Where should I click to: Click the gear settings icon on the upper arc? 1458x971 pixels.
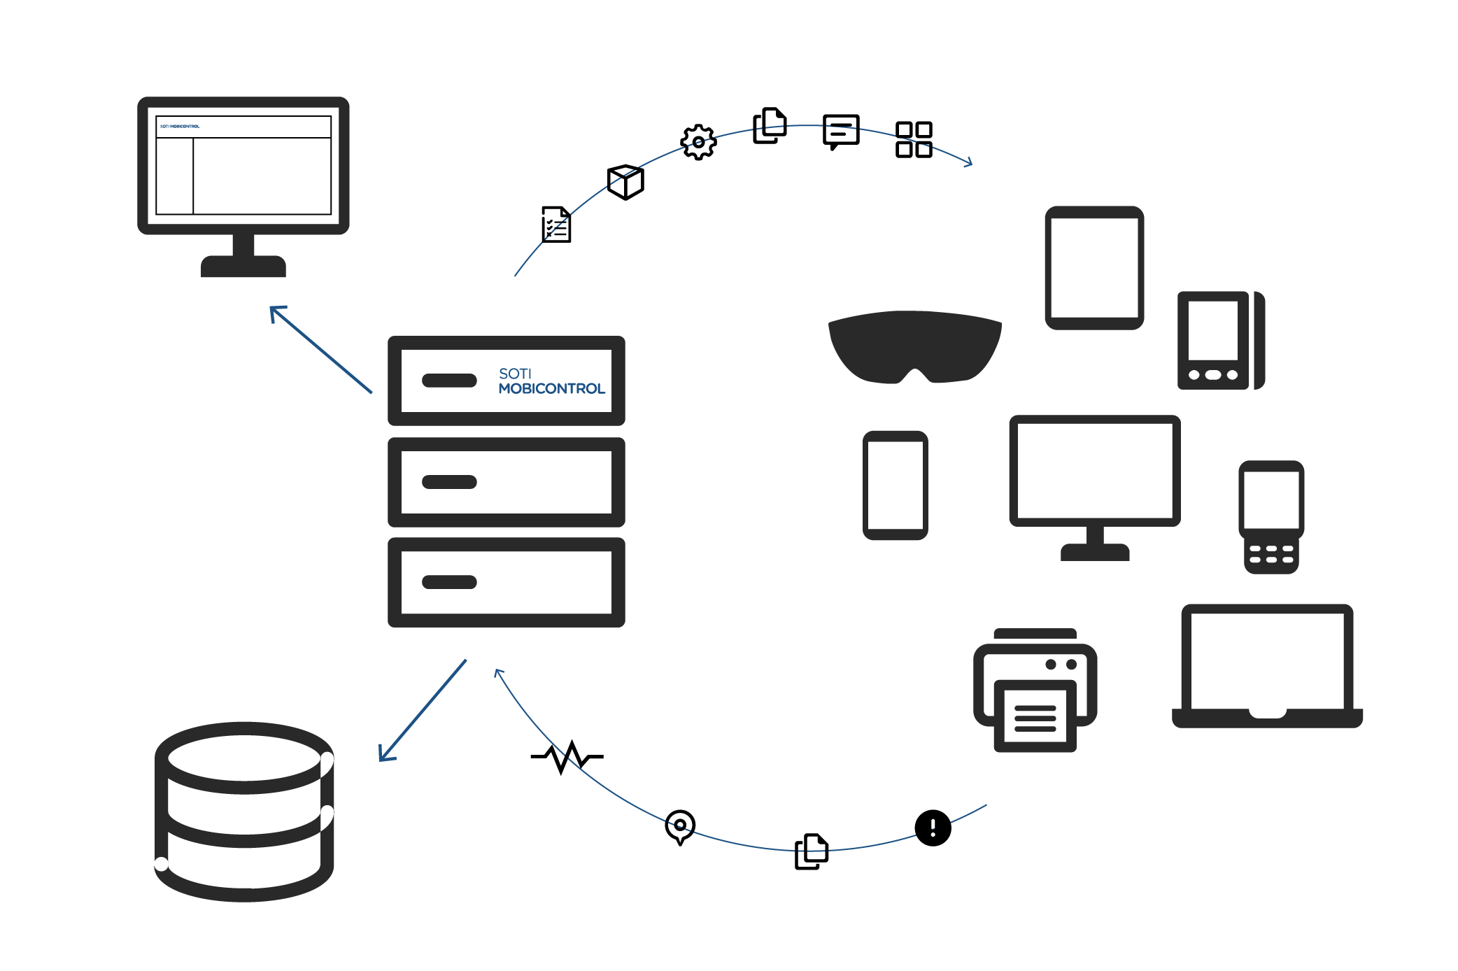point(698,142)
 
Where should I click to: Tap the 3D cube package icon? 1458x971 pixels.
point(625,182)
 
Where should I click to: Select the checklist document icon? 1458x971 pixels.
point(556,225)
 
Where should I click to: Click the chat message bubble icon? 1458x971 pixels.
point(840,132)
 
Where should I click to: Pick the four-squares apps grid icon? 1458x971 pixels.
point(914,139)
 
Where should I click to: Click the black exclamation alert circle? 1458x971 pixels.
point(933,828)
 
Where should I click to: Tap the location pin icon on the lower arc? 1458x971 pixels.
point(679,826)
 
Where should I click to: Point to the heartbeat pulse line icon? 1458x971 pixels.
point(567,756)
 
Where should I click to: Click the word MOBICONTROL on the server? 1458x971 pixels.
point(551,389)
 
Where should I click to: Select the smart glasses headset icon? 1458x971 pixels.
point(914,346)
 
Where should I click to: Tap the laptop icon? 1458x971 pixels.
point(1267,665)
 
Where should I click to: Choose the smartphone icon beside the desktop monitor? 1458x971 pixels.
point(895,485)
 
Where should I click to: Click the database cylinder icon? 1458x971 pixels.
point(243,811)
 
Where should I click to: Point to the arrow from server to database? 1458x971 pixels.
point(423,710)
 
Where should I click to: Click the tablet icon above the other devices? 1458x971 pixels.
point(1094,267)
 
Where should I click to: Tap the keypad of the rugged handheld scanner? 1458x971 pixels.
point(1271,555)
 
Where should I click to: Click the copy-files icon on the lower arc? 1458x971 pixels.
point(812,851)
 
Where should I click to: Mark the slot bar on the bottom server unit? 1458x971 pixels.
point(449,582)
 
